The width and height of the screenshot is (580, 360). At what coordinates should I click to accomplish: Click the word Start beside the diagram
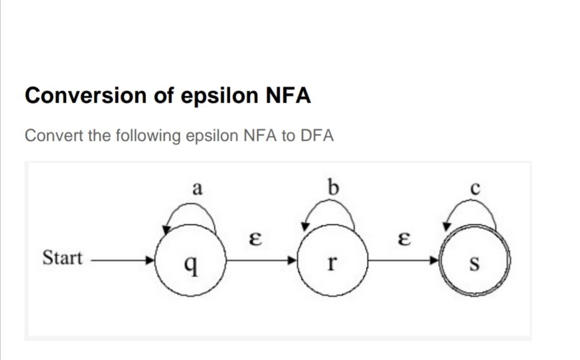[62, 258]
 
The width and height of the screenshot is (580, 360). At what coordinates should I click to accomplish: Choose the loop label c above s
[474, 189]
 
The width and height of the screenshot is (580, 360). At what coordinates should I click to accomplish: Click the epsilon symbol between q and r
[258, 239]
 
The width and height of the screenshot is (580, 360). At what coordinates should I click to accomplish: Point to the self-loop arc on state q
[191, 212]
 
